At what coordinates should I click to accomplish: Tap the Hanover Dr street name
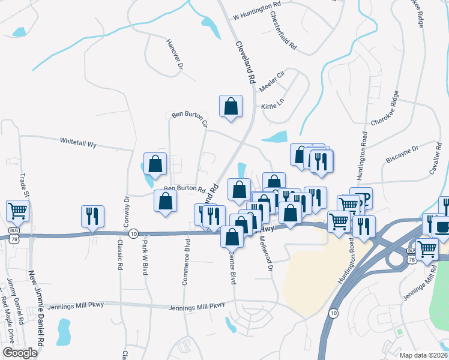tap(174, 55)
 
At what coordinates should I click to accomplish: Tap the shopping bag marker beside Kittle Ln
tap(231, 106)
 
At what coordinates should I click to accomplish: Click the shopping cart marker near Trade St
tap(18, 211)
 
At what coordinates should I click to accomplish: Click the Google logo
tap(20, 353)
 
